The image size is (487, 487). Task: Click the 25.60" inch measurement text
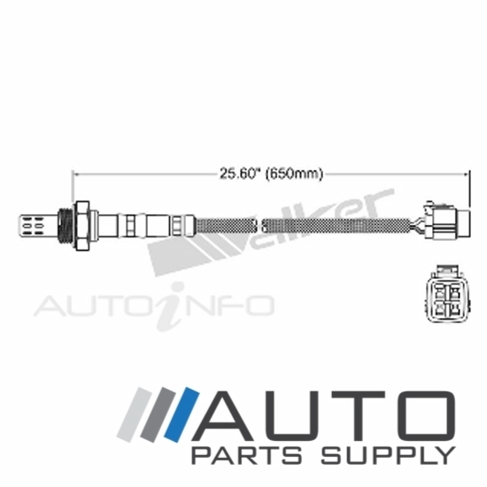coord(237,174)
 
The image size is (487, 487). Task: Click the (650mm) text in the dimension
coord(294,174)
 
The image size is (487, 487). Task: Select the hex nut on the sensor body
coord(82,226)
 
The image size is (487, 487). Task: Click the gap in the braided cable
coord(259,226)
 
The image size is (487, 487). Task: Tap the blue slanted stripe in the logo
coord(182,414)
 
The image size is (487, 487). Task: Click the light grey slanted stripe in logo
coord(135,414)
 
